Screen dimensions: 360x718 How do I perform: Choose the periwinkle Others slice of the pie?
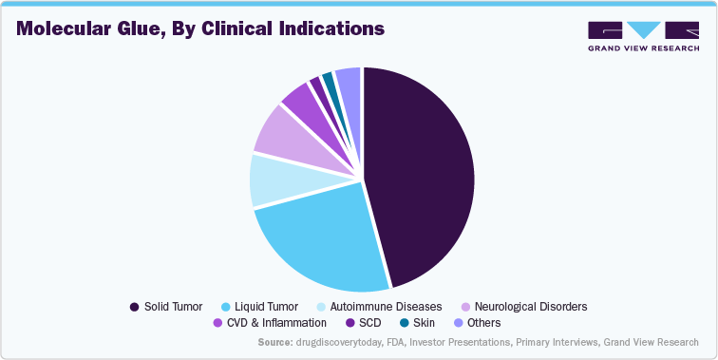349,83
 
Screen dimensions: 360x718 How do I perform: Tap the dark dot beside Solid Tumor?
134,307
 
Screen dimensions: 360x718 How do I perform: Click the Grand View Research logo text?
643,47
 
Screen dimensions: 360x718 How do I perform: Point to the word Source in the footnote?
276,342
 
